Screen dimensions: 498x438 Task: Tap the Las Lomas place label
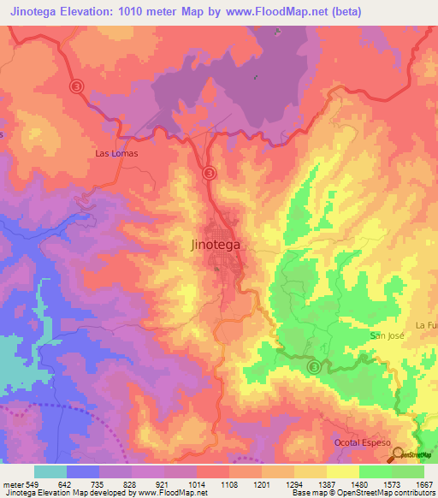coord(116,154)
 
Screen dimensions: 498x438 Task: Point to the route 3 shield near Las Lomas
coord(77,86)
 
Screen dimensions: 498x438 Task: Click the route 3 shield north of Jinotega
coord(210,173)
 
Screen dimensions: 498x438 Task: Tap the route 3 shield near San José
coord(315,367)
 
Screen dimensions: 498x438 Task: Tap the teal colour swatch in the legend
coord(50,471)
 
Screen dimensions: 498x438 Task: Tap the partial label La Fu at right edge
coord(426,325)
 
